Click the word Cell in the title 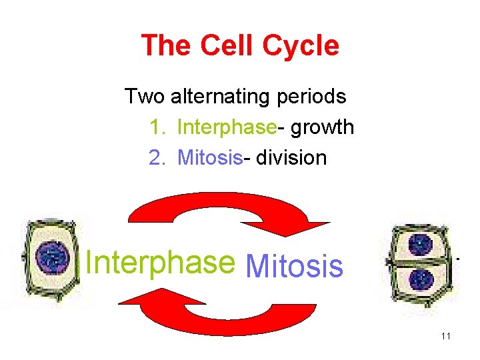pyautogui.click(x=224, y=46)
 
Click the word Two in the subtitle pyautogui.click(x=145, y=97)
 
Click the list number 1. pyautogui.click(x=157, y=127)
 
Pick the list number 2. pyautogui.click(x=157, y=157)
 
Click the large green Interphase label pyautogui.click(x=161, y=263)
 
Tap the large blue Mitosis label pyautogui.click(x=294, y=267)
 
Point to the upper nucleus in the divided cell pyautogui.click(x=420, y=245)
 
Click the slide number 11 pyautogui.click(x=445, y=336)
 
